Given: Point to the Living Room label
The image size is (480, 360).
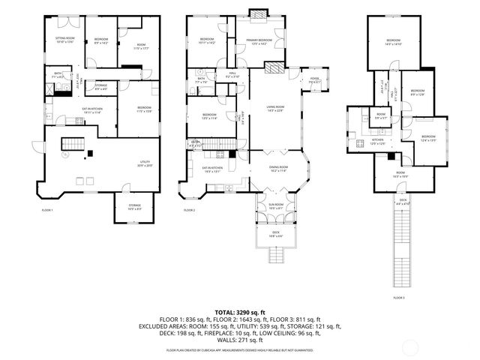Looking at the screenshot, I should tap(274, 109).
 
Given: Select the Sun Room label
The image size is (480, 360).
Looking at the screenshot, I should tap(276, 206).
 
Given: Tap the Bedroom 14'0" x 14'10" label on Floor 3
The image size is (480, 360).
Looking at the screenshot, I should tap(394, 42).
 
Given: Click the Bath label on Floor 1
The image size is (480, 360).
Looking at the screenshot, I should tap(56, 76).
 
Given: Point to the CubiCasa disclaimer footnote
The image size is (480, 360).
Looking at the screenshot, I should tap(240, 349).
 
